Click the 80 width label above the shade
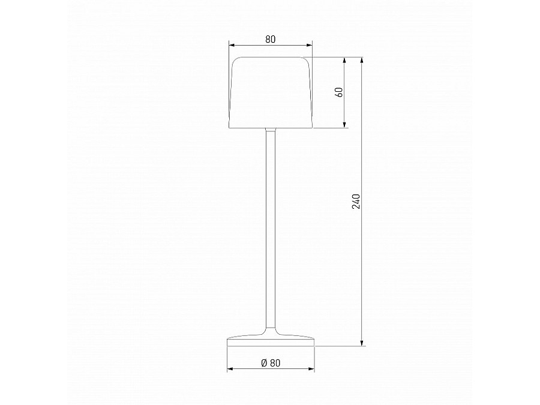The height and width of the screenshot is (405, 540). point(270,40)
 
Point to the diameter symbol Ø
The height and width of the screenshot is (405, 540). point(264,362)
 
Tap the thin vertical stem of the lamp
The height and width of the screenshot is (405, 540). point(270,228)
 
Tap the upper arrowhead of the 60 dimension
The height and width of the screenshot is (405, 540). point(345,61)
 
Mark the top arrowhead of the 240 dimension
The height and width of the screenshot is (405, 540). point(362,61)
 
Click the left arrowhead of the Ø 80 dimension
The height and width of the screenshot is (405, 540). point(230,369)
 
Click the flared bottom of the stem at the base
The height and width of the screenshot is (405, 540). point(270,332)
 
